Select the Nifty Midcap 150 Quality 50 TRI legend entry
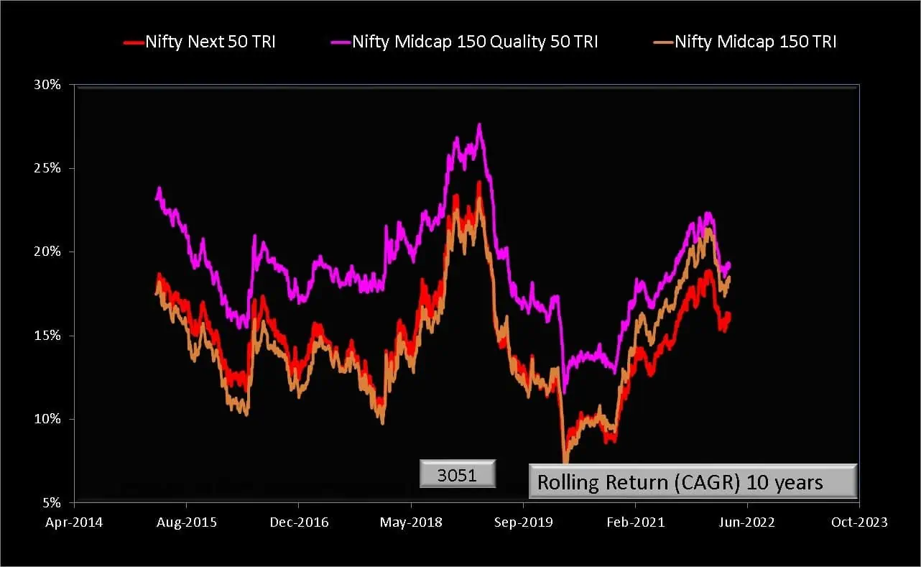pos(473,42)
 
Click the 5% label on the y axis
pos(51,502)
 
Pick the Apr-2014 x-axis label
pos(73,522)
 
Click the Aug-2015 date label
pos(186,522)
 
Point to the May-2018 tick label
pos(409,522)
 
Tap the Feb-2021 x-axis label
pos(634,522)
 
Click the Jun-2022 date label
pos(746,522)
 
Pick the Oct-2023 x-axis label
pos(858,522)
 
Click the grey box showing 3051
pos(458,475)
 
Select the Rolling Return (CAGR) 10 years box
pos(693,481)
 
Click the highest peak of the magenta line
pos(479,124)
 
